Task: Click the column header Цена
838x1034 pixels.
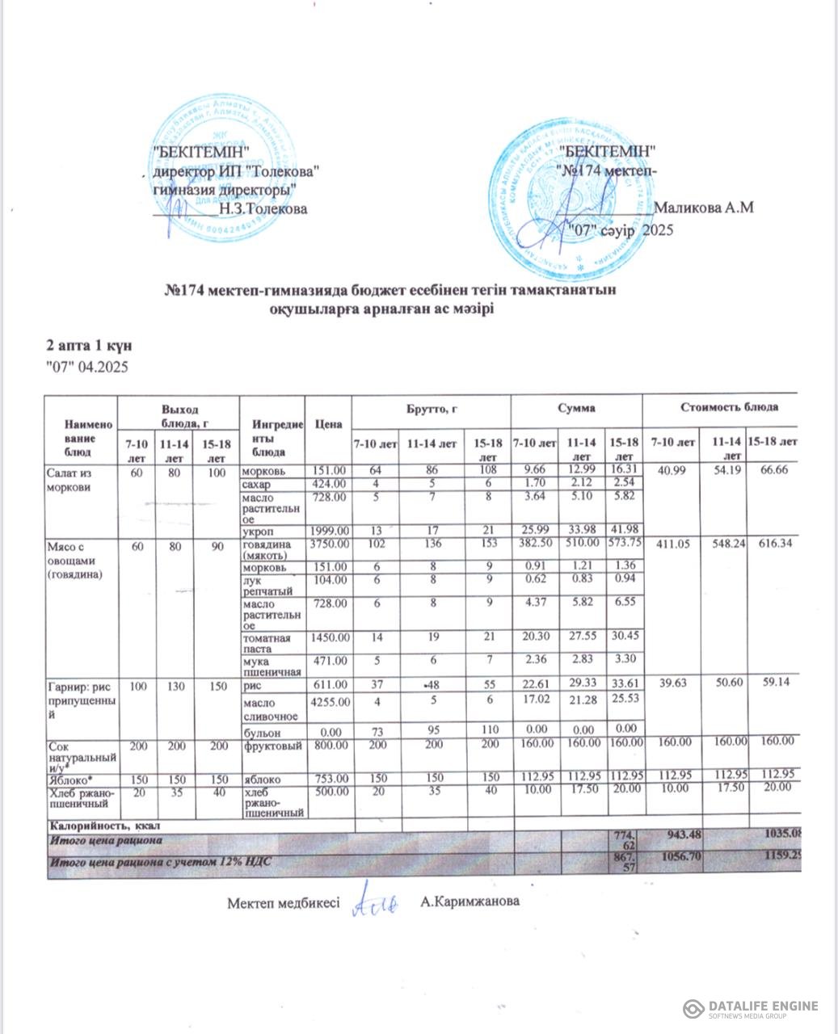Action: point(327,424)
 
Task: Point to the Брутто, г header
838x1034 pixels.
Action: point(432,410)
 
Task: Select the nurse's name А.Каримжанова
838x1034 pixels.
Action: point(470,902)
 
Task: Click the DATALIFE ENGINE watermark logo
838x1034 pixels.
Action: point(752,1008)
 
